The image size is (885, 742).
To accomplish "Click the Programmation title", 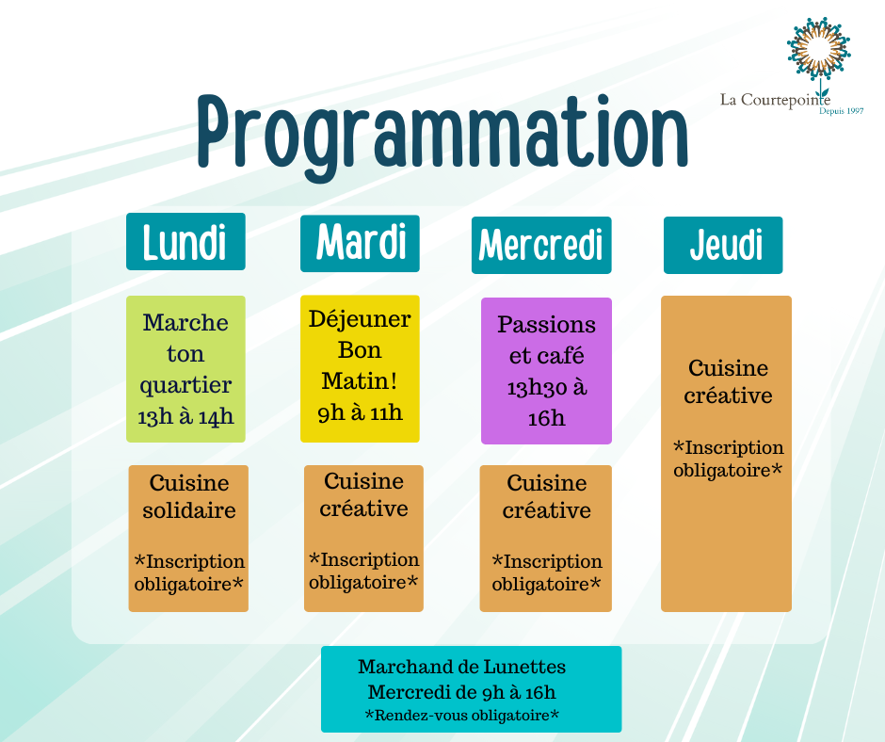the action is point(442,137).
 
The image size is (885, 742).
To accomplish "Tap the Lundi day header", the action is point(185,242).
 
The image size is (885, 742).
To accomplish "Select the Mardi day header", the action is point(360,243).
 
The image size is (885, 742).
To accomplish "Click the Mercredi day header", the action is point(541,245).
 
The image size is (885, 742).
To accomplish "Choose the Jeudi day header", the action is point(723,245).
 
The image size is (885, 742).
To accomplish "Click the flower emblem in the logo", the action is point(819,51).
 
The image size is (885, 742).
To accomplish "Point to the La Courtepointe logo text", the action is point(775,100).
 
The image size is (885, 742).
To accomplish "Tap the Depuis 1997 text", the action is point(841,111).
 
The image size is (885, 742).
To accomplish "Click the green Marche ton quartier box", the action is point(185,369).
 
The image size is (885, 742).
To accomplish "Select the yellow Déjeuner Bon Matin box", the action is point(360,369).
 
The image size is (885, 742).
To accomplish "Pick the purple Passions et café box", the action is point(546,371).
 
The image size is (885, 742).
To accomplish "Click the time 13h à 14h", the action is point(185,417).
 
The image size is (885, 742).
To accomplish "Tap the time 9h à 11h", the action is point(360,412).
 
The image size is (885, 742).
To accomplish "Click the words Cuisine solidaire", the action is point(189,496).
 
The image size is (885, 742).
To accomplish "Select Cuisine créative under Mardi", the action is point(363,494).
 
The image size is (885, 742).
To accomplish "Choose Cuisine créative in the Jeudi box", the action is point(728,381).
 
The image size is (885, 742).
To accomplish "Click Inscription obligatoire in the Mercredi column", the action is point(546,573).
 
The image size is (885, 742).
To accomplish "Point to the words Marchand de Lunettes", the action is point(461,667).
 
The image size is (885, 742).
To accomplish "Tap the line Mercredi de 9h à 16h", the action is point(461,692).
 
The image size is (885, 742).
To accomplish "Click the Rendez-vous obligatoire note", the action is point(461,716).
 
